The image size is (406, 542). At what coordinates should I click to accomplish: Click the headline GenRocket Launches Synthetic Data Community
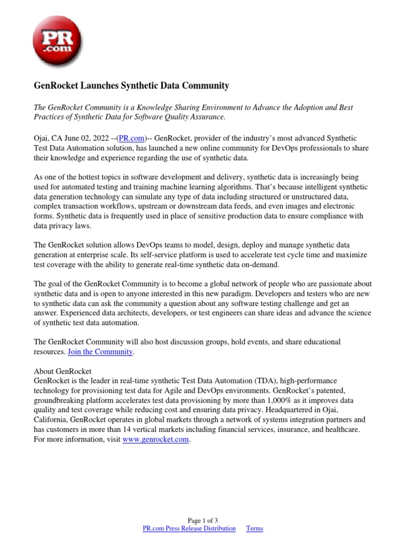(x=132, y=85)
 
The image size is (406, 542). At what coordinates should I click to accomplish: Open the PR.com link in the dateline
(x=131, y=138)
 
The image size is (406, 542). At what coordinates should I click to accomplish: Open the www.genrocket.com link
(x=155, y=439)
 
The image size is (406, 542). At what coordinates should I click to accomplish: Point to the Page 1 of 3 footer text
(x=203, y=520)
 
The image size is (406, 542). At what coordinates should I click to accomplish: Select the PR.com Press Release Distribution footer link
(x=189, y=528)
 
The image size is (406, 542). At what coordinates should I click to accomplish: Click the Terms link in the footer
(x=254, y=528)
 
